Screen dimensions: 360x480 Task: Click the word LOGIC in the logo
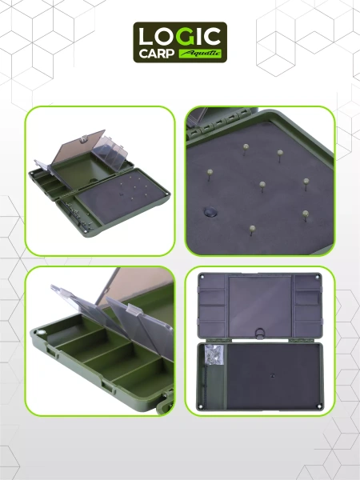(x=180, y=36)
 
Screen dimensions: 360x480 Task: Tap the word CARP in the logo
(x=157, y=54)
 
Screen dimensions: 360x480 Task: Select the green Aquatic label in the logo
(x=200, y=54)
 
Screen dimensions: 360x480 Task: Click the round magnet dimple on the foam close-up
(x=210, y=211)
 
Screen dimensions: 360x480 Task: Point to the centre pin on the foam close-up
(x=262, y=186)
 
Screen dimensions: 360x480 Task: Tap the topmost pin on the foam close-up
(x=246, y=149)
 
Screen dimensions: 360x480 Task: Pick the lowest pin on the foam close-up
(x=252, y=230)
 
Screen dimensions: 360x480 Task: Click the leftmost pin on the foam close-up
(x=210, y=174)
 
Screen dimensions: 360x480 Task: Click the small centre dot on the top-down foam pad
(x=273, y=375)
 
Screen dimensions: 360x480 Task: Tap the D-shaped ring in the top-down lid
(x=260, y=333)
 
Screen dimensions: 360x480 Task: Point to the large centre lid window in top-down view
(x=260, y=306)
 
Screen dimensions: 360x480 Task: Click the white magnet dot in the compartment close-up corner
(x=41, y=333)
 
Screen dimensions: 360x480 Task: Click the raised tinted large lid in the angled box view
(x=78, y=148)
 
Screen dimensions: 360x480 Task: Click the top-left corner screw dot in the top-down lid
(x=202, y=277)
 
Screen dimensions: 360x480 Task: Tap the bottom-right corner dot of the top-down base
(x=318, y=407)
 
